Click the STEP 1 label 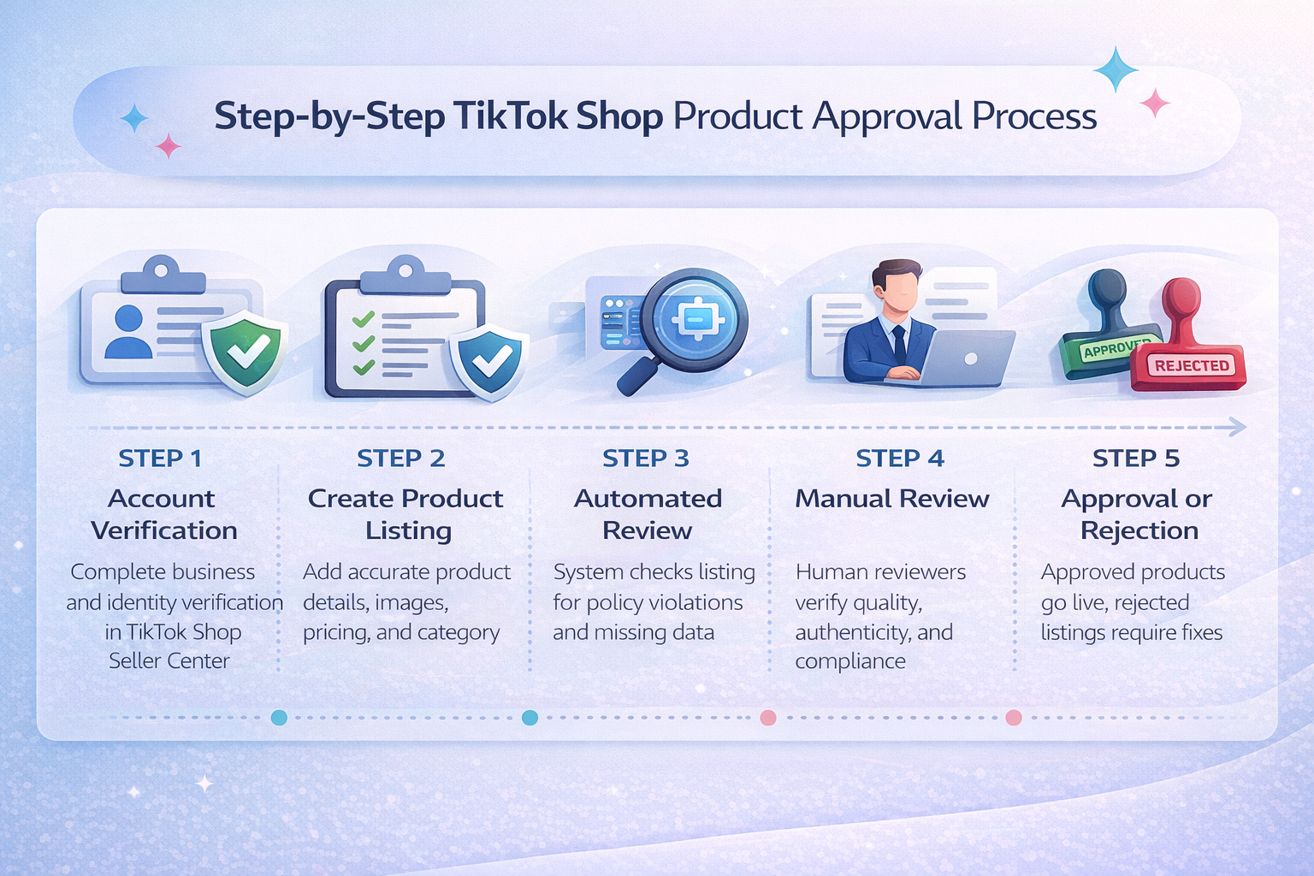(x=160, y=459)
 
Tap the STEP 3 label (x=645, y=459)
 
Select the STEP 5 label (x=1135, y=459)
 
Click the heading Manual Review (x=891, y=499)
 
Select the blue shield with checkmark (x=489, y=360)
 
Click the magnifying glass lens (x=695, y=322)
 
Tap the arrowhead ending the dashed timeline (x=1237, y=427)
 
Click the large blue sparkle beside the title (x=1116, y=70)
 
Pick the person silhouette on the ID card (x=128, y=332)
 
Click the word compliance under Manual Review (x=849, y=661)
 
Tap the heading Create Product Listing (x=405, y=514)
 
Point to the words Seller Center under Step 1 (x=169, y=661)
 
